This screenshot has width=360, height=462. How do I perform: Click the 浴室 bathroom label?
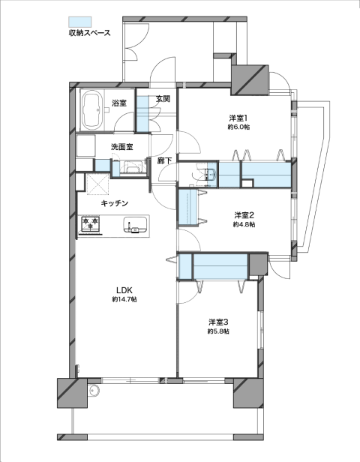(119, 103)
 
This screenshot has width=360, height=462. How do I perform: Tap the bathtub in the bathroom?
(92, 109)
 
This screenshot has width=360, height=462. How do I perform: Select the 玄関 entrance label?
(163, 98)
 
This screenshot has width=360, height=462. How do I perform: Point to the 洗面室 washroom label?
(121, 146)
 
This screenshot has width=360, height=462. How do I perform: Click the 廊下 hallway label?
(164, 160)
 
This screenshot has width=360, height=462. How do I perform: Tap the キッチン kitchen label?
(115, 203)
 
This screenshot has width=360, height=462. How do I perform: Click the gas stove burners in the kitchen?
(90, 223)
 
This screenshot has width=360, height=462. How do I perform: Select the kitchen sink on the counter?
(135, 225)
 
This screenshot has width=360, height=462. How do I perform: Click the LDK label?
(124, 290)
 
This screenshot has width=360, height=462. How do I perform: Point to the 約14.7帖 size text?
(124, 299)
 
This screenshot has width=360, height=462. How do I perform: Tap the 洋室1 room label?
(238, 118)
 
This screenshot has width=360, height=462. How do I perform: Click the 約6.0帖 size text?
(238, 127)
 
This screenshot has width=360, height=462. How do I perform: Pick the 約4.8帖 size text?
(244, 224)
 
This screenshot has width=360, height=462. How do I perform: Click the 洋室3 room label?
(218, 322)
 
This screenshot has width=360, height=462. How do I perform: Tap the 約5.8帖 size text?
(218, 331)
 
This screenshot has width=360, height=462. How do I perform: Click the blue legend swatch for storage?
(79, 22)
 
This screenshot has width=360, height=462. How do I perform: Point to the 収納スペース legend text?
(89, 33)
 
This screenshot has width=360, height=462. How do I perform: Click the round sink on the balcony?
(94, 391)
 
